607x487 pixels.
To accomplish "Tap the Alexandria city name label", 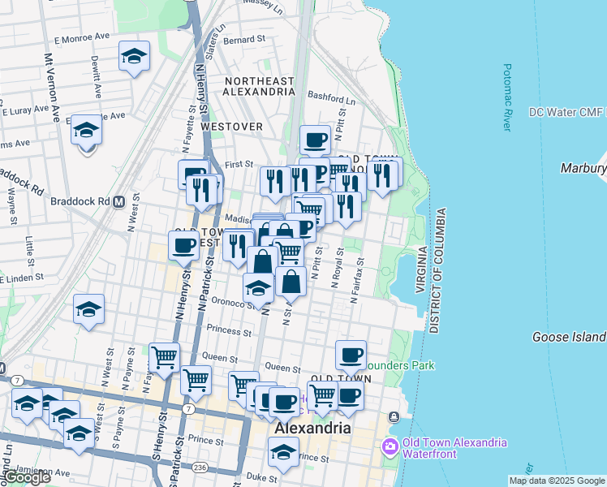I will pyautogui.click(x=312, y=428).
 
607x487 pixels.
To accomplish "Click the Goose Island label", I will pyautogui.click(x=569, y=337).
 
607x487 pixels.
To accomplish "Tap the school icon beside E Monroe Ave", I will pyautogui.click(x=134, y=57).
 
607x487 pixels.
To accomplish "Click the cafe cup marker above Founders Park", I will pyautogui.click(x=351, y=355).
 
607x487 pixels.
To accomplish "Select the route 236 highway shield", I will pyautogui.click(x=200, y=468).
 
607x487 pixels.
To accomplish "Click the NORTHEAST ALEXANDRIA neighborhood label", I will pyautogui.click(x=260, y=86).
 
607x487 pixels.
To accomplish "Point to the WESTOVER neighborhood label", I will pyautogui.click(x=232, y=127).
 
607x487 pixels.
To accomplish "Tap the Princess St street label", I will pyautogui.click(x=229, y=331).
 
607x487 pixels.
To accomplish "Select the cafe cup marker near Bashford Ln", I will pyautogui.click(x=315, y=140).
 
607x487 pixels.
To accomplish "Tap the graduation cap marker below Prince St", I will pyautogui.click(x=283, y=452).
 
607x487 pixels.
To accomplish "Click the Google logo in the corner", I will pyautogui.click(x=27, y=478).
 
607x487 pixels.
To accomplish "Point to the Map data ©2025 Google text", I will pyautogui.click(x=557, y=481).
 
